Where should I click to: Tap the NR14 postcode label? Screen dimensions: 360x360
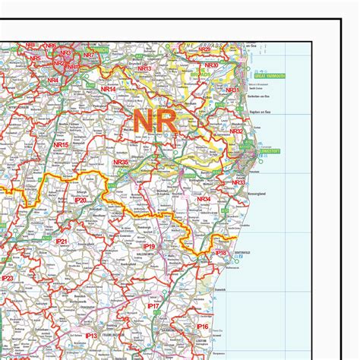click(x=109, y=90)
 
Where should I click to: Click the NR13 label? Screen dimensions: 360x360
click(x=144, y=69)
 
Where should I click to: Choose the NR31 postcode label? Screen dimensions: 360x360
click(x=232, y=90)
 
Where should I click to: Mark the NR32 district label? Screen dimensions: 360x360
click(x=237, y=131)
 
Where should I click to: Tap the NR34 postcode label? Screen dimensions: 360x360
click(x=203, y=198)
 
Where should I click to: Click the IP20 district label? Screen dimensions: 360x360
click(x=80, y=200)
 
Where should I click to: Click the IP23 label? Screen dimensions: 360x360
click(x=8, y=279)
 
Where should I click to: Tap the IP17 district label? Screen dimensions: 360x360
click(x=153, y=306)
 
